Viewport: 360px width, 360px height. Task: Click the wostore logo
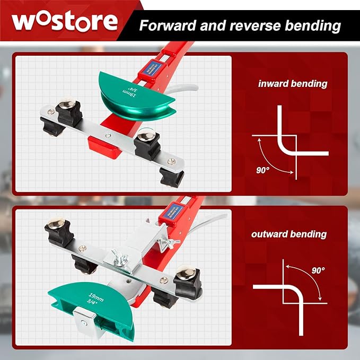65,21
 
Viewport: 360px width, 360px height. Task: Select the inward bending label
293,84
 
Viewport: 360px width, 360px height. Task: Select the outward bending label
289,234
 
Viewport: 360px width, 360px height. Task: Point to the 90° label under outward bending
318,270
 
